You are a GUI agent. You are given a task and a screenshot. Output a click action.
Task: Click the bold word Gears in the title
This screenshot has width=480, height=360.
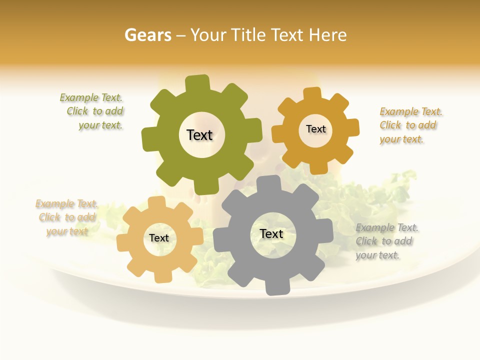pyautogui.click(x=147, y=35)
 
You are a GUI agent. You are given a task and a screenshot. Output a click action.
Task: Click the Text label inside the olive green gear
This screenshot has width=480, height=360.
pyautogui.click(x=199, y=135)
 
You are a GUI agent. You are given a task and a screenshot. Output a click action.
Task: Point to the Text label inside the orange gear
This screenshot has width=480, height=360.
pyautogui.click(x=315, y=129)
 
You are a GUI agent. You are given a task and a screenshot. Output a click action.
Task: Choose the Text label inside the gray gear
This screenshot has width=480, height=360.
pyautogui.click(x=271, y=234)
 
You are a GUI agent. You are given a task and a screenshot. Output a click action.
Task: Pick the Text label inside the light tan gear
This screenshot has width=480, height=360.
pyautogui.click(x=159, y=238)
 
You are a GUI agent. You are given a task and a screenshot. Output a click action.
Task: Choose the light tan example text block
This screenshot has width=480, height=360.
pyautogui.click(x=66, y=217)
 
